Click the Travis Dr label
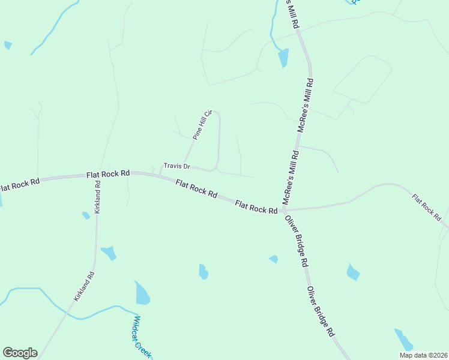176,166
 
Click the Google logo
20,353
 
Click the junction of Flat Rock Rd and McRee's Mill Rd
282,211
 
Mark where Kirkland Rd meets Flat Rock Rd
97,176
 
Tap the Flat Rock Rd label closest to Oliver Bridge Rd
256,207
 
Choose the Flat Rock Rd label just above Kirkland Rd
108,173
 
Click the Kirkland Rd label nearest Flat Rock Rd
97,196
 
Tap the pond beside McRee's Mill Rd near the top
283,58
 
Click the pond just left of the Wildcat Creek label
142,293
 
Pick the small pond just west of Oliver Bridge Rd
274,259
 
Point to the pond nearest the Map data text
403,339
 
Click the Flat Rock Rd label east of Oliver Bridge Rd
427,207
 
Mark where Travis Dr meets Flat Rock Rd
160,175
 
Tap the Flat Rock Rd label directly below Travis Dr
196,189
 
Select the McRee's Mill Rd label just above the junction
290,177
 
